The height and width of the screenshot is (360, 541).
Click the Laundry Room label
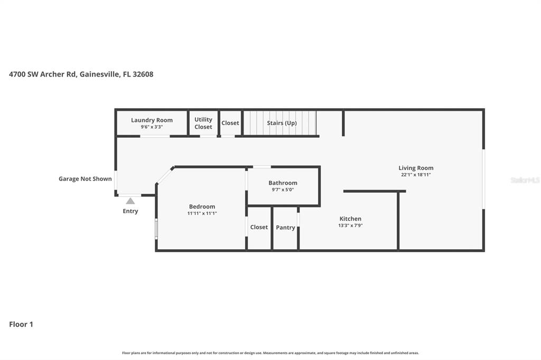152,120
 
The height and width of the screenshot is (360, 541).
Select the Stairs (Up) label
282,123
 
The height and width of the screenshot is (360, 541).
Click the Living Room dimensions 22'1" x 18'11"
416,175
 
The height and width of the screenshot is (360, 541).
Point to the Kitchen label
350,219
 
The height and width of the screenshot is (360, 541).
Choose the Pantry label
285,228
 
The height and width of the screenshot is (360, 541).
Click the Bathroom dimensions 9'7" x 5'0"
283,190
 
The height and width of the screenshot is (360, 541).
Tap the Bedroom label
202,206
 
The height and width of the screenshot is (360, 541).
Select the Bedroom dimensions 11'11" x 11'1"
202,213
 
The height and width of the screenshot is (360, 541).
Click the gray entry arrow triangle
130,201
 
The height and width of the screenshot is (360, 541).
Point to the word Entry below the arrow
130,211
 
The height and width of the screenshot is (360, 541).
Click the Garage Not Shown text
85,179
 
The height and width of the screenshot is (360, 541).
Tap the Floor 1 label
21,325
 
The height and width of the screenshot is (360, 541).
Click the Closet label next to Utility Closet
230,123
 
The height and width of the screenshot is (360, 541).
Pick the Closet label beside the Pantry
259,227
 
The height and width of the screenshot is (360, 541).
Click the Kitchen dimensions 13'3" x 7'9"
350,225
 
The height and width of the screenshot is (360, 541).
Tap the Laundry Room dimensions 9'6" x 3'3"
152,127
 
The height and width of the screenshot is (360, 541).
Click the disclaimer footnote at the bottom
270,353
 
